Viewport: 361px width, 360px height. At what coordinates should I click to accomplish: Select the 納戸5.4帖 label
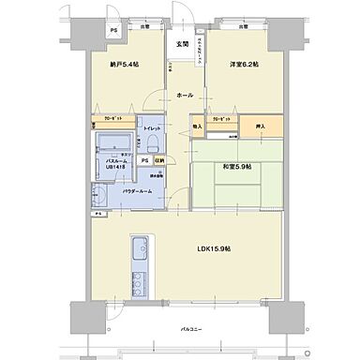124,65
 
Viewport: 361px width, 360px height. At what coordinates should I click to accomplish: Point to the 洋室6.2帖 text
241,64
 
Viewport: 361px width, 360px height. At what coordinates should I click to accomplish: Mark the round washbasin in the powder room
98,195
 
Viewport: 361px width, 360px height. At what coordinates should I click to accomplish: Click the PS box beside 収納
143,160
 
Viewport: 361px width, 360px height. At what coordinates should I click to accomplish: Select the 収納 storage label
159,160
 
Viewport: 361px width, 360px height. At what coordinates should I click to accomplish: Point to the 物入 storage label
197,125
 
